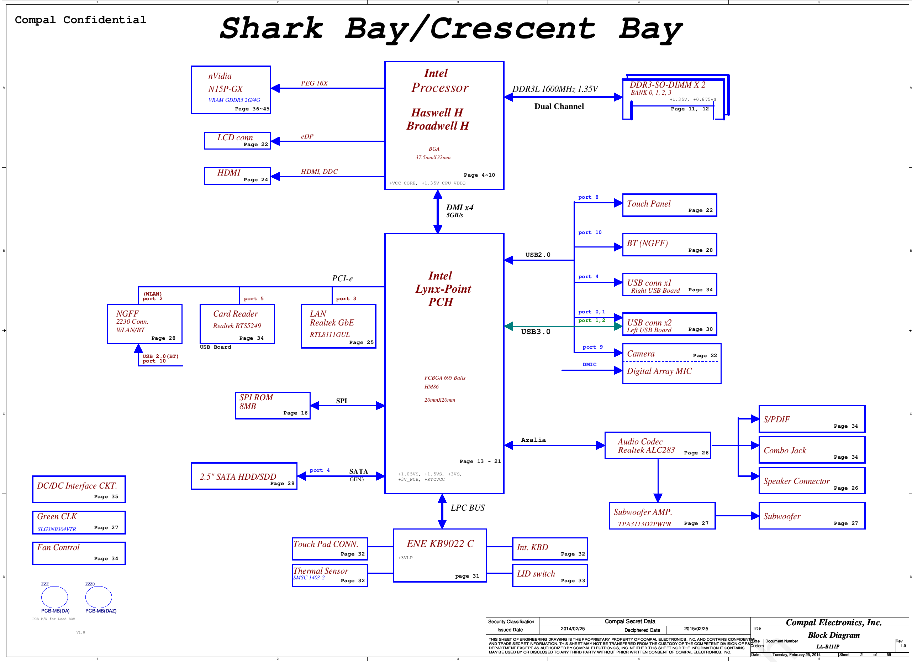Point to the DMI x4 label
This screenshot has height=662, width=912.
[x=460, y=207]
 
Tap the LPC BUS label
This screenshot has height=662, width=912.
[x=468, y=508]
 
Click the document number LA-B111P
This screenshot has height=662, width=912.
[x=828, y=647]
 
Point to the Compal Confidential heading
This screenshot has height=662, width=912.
[x=80, y=20]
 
